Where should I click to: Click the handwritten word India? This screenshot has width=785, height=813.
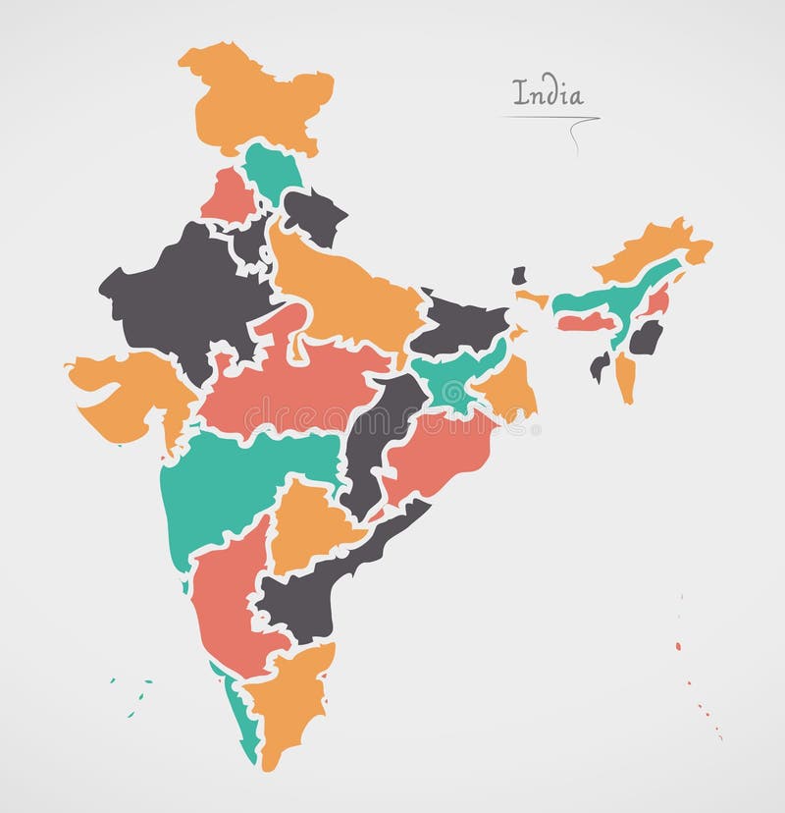548,94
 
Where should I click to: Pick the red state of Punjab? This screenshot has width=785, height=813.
228,194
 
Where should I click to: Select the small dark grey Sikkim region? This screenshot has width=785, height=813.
518,276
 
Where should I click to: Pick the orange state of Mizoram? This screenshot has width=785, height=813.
625,378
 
